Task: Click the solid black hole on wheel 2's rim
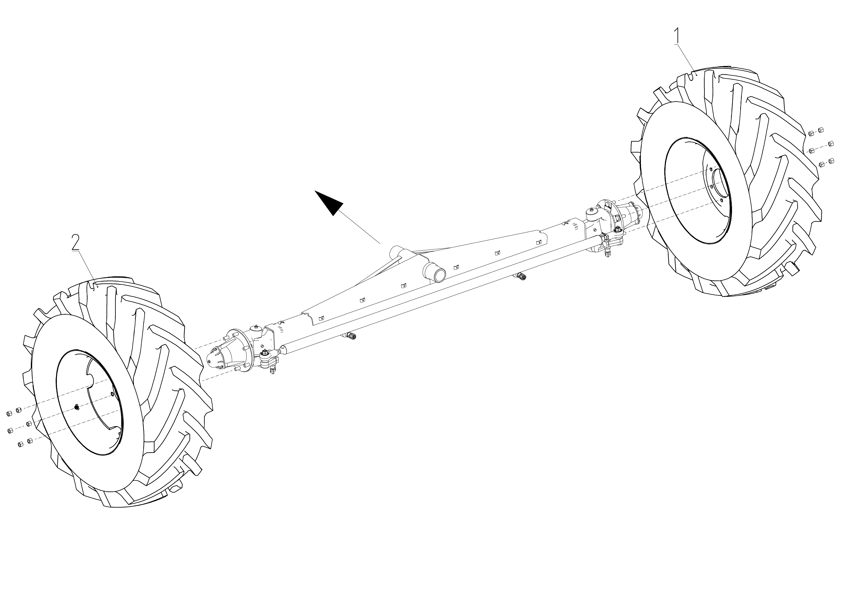coord(76,407)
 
